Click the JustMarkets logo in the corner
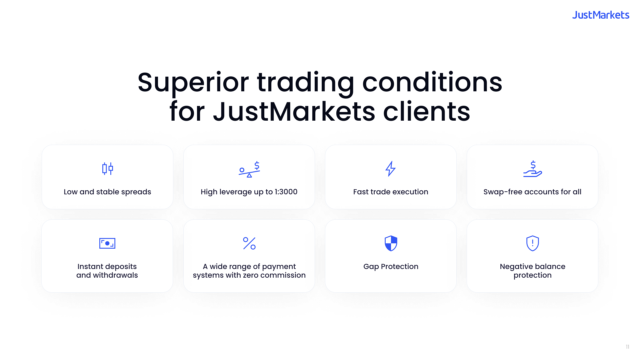click(601, 15)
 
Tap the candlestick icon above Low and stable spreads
click(107, 169)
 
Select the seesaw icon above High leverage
click(249, 169)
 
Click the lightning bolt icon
click(390, 169)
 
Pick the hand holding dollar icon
click(532, 169)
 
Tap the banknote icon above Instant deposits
click(107, 243)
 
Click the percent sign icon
click(249, 243)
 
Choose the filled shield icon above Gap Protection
click(391, 243)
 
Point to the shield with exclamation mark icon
click(532, 243)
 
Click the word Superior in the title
click(193, 82)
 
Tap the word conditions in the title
click(432, 82)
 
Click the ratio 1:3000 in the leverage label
click(286, 192)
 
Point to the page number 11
click(627, 347)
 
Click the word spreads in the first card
click(136, 192)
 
